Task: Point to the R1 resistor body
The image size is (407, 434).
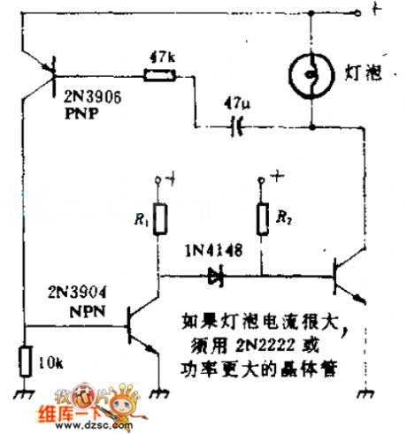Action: click(x=160, y=220)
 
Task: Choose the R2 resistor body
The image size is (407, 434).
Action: click(x=261, y=219)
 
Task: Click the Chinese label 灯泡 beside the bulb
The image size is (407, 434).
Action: click(x=363, y=72)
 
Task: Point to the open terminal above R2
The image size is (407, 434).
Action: click(x=261, y=181)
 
